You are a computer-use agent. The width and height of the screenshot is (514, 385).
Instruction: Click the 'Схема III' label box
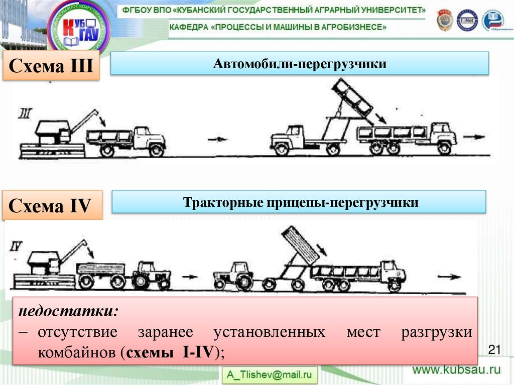pos(52,66)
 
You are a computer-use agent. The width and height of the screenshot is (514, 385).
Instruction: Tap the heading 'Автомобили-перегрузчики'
pos(300,64)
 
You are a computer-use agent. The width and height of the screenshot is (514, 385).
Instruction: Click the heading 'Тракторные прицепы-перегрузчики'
pos(300,203)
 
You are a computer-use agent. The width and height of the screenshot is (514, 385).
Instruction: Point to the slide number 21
pos(495,349)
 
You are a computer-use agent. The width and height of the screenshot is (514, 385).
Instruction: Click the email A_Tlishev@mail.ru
pos(270,374)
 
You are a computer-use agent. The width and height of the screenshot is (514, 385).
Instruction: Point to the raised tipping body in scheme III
pos(353,102)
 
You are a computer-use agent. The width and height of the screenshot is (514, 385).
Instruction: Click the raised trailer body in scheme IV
pos(300,244)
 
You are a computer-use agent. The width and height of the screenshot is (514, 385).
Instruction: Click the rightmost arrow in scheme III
pos(474,137)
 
